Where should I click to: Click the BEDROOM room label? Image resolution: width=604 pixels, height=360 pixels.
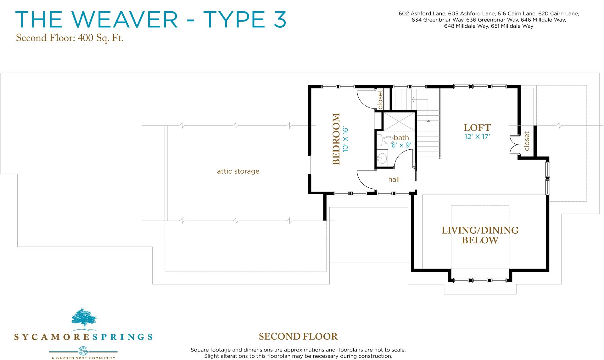[x=336, y=139]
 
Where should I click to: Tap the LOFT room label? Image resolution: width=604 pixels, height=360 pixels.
[x=477, y=128]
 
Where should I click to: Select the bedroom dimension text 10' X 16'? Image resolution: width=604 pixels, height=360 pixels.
[x=345, y=139]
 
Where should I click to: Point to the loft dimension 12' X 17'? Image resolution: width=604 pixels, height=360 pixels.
[x=477, y=137]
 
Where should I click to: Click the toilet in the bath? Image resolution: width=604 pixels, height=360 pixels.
[x=384, y=140]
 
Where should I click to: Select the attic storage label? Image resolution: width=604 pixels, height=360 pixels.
[x=238, y=171]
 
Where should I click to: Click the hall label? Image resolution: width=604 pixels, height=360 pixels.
[x=394, y=180]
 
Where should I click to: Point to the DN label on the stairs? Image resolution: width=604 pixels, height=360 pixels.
[x=428, y=121]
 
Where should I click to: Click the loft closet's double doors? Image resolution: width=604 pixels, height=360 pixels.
[x=514, y=145]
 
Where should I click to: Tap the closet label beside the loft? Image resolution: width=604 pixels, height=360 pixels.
[x=527, y=141]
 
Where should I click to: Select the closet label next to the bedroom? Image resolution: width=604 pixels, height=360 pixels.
[x=380, y=99]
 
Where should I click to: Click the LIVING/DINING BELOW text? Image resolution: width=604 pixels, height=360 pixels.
[x=480, y=235]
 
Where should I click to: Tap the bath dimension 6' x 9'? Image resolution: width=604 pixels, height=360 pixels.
[x=401, y=145]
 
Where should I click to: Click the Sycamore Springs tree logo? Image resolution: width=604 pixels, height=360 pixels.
[x=84, y=319]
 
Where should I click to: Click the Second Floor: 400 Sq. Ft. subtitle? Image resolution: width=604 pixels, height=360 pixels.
[x=70, y=38]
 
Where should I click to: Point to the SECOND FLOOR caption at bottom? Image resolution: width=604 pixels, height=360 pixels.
[x=298, y=337]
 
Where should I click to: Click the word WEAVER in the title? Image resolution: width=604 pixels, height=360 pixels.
[x=125, y=19]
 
